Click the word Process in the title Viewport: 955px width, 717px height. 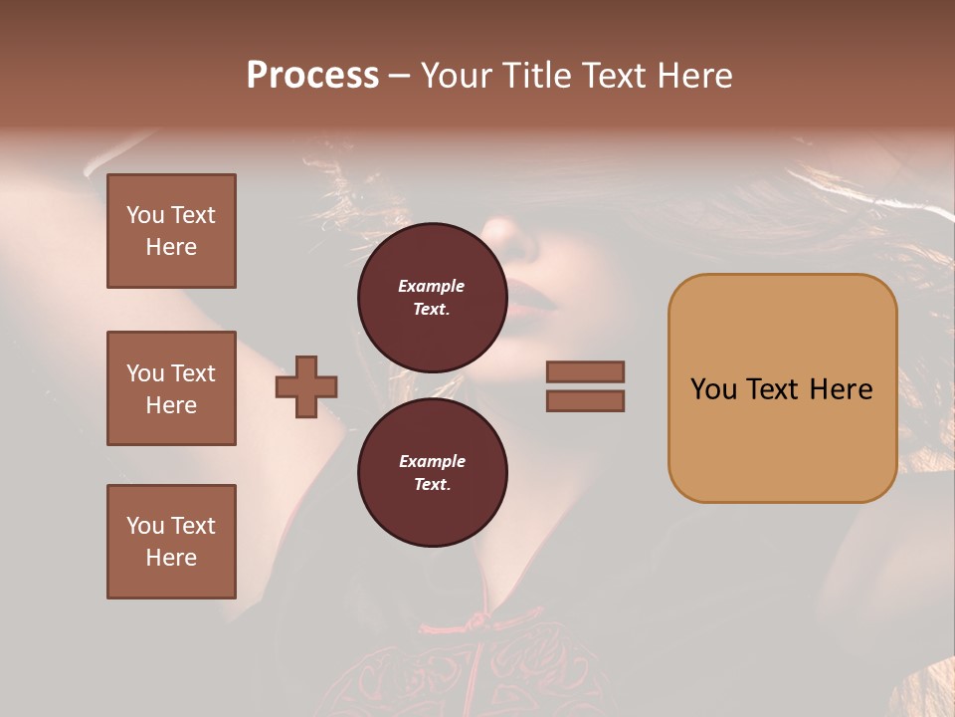(312, 76)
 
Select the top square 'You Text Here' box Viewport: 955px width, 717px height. (171, 231)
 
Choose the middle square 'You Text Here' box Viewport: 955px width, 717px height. (171, 388)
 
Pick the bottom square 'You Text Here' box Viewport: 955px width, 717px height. (171, 542)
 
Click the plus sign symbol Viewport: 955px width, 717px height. (306, 386)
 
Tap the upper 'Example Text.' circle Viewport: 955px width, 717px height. (432, 297)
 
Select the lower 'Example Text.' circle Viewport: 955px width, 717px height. (432, 472)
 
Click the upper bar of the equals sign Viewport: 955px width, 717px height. (585, 371)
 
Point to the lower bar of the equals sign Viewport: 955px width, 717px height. (585, 400)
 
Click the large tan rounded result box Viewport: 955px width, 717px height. (782, 388)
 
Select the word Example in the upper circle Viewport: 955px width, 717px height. (432, 286)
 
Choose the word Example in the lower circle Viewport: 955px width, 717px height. (432, 461)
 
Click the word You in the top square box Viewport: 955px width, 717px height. (145, 215)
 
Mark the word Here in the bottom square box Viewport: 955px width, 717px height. (171, 558)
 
